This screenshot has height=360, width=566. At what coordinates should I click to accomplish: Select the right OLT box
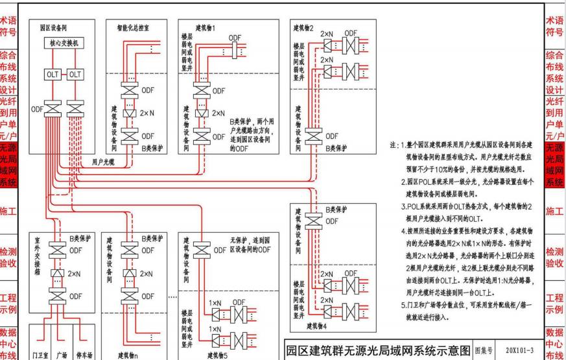pos(75,75)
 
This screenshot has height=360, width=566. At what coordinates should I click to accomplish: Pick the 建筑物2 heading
pos(303,29)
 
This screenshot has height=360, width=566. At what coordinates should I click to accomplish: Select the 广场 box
pos(63,354)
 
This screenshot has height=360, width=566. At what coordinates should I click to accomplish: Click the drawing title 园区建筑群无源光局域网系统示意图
pos(386,349)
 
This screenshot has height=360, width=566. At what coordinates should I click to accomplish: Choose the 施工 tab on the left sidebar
pos(10,211)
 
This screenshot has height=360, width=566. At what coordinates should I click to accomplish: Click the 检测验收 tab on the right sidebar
pos(556,257)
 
